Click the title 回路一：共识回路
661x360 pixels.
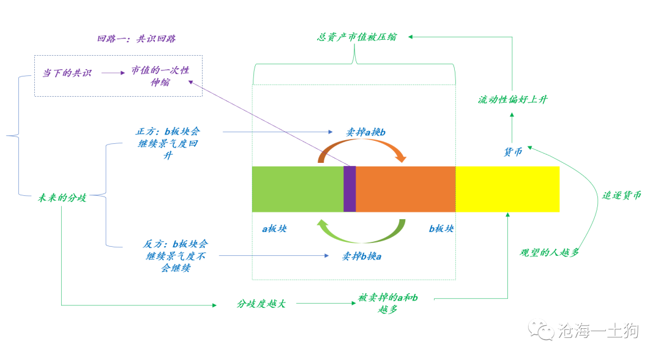coord(136,39)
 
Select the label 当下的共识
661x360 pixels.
coord(67,73)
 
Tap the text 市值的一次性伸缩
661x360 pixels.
coord(160,76)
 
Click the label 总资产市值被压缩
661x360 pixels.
coord(357,37)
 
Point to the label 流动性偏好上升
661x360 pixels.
coord(513,99)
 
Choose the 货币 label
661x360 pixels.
coord(513,152)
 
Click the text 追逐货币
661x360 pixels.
coord(621,195)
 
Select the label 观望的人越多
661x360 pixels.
coord(549,252)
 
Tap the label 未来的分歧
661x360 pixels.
coord(62,198)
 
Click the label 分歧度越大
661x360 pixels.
coord(261,304)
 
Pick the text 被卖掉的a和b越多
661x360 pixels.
coord(388,304)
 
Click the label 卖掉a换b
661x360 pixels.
coord(365,132)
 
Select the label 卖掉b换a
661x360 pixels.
coord(362,257)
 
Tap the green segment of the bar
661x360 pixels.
coord(297,189)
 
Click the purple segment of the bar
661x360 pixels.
coord(350,189)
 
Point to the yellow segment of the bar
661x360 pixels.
coord(507,189)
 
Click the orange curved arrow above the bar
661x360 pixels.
coord(362,141)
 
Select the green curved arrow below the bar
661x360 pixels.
coord(362,242)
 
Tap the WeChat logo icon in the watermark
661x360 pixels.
coord(541,329)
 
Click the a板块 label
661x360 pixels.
coord(274,229)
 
